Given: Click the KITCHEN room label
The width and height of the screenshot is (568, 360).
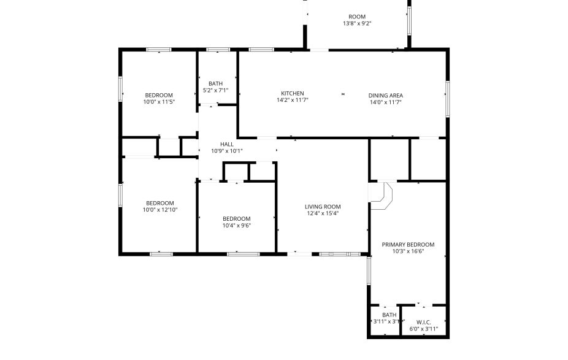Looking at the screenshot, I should tap(292, 93).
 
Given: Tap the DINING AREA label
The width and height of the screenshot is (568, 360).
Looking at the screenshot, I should tap(385, 95).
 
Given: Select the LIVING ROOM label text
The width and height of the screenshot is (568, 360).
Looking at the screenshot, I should tap(323, 207).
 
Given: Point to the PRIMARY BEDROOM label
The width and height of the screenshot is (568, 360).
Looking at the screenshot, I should tap(408, 244).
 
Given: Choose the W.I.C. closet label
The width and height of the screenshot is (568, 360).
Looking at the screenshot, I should tap(423, 322).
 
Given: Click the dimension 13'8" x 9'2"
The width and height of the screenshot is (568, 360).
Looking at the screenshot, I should tap(357, 24).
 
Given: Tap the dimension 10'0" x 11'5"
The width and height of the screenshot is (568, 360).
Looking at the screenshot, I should tap(159, 102).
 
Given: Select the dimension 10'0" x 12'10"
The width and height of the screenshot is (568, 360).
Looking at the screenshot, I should tap(159, 210).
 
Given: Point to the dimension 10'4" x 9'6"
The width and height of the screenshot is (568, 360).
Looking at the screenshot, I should tap(236, 226).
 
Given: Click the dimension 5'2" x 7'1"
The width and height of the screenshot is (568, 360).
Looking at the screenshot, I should tap(215, 91).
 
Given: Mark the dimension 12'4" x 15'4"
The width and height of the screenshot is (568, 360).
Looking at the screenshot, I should tap(323, 214).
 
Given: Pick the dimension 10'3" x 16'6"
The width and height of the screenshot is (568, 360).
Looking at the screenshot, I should tap(408, 251).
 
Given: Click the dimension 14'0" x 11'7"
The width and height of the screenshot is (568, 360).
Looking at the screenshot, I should tap(385, 102).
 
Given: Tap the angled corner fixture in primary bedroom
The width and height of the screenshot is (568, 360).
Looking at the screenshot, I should tap(382, 195).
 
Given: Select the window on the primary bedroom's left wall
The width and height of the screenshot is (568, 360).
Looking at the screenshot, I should tap(369, 270).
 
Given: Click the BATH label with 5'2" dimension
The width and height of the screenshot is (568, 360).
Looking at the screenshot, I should tap(215, 83).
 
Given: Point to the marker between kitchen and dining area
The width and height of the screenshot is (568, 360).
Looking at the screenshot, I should tap(343, 94).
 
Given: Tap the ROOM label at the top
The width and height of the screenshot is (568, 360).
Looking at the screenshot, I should tap(357, 17).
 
